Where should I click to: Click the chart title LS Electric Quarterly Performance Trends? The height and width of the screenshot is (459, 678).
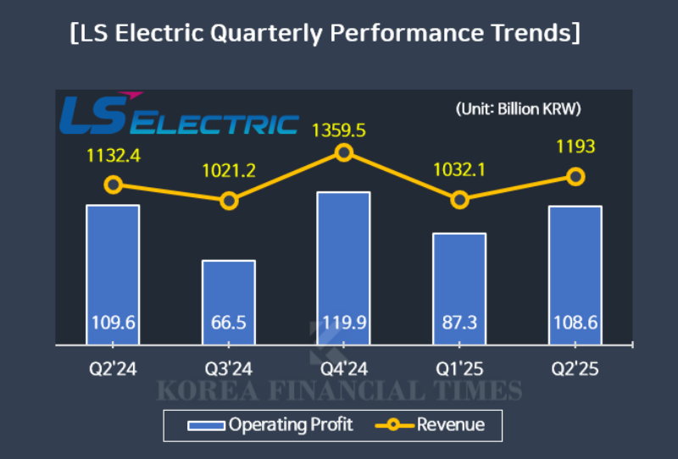click(x=326, y=33)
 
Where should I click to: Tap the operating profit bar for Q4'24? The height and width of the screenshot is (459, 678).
click(x=343, y=254)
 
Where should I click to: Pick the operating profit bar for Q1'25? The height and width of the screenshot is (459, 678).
click(x=459, y=275)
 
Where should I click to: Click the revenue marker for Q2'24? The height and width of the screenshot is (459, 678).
click(x=113, y=185)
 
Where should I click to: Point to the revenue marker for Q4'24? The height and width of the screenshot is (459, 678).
click(x=343, y=152)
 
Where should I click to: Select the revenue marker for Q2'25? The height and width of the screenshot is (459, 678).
click(x=575, y=176)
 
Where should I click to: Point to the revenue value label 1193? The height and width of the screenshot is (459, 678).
click(x=575, y=147)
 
